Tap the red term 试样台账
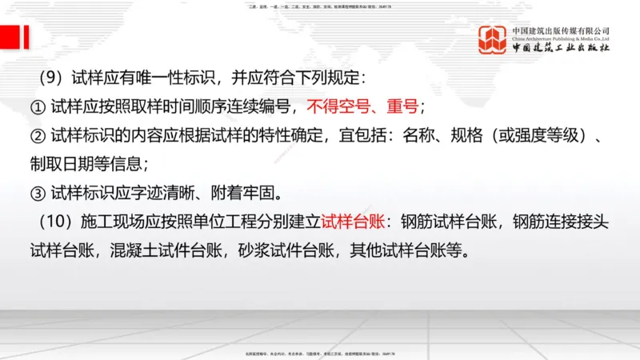point(354,221)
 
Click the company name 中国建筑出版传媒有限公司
point(561,31)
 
